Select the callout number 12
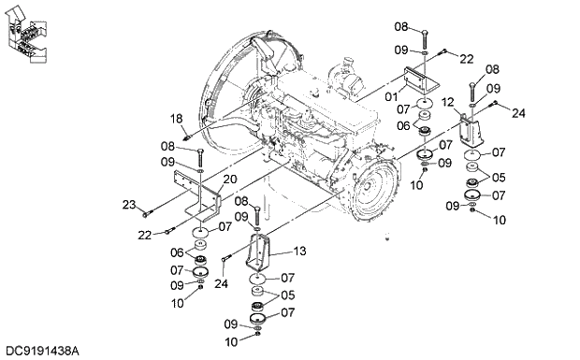pyautogui.click(x=448, y=101)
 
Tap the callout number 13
pyautogui.click(x=299, y=251)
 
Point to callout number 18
pyautogui.click(x=176, y=118)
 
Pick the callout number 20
pyautogui.click(x=230, y=180)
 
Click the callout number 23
pyautogui.click(x=128, y=203)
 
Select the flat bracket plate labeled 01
pyautogui.click(x=420, y=82)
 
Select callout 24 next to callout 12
pyautogui.click(x=518, y=114)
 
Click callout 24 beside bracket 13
pyautogui.click(x=222, y=283)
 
